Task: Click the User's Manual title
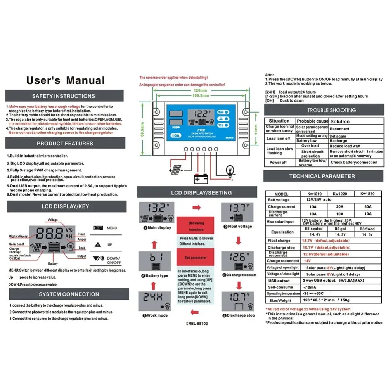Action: point(66,80)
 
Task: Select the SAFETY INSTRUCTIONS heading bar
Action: point(64,96)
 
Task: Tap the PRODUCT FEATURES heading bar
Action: point(65,144)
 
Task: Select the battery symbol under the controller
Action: point(201,178)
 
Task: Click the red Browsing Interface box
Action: point(196,226)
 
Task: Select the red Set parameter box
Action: point(196,258)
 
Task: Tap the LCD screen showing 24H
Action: point(154,301)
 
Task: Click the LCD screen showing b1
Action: point(154,262)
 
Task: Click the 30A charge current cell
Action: point(367,207)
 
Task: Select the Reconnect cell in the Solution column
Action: point(339,129)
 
